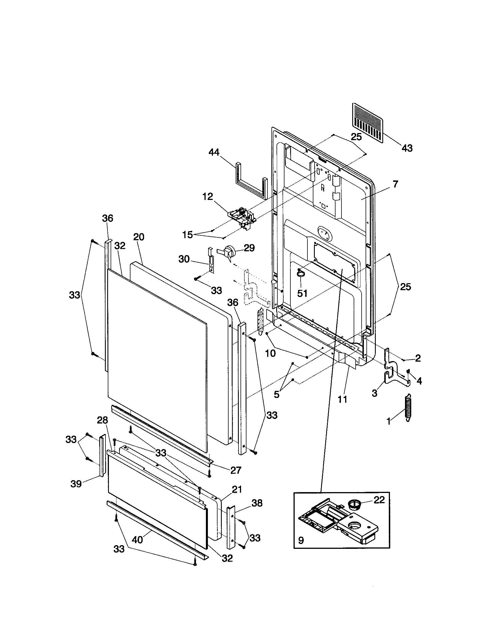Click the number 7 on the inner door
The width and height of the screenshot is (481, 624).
click(x=395, y=184)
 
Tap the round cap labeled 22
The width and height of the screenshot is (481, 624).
click(x=356, y=505)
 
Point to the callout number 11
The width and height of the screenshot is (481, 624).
click(x=342, y=399)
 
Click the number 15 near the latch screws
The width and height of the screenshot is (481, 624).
click(x=188, y=235)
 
